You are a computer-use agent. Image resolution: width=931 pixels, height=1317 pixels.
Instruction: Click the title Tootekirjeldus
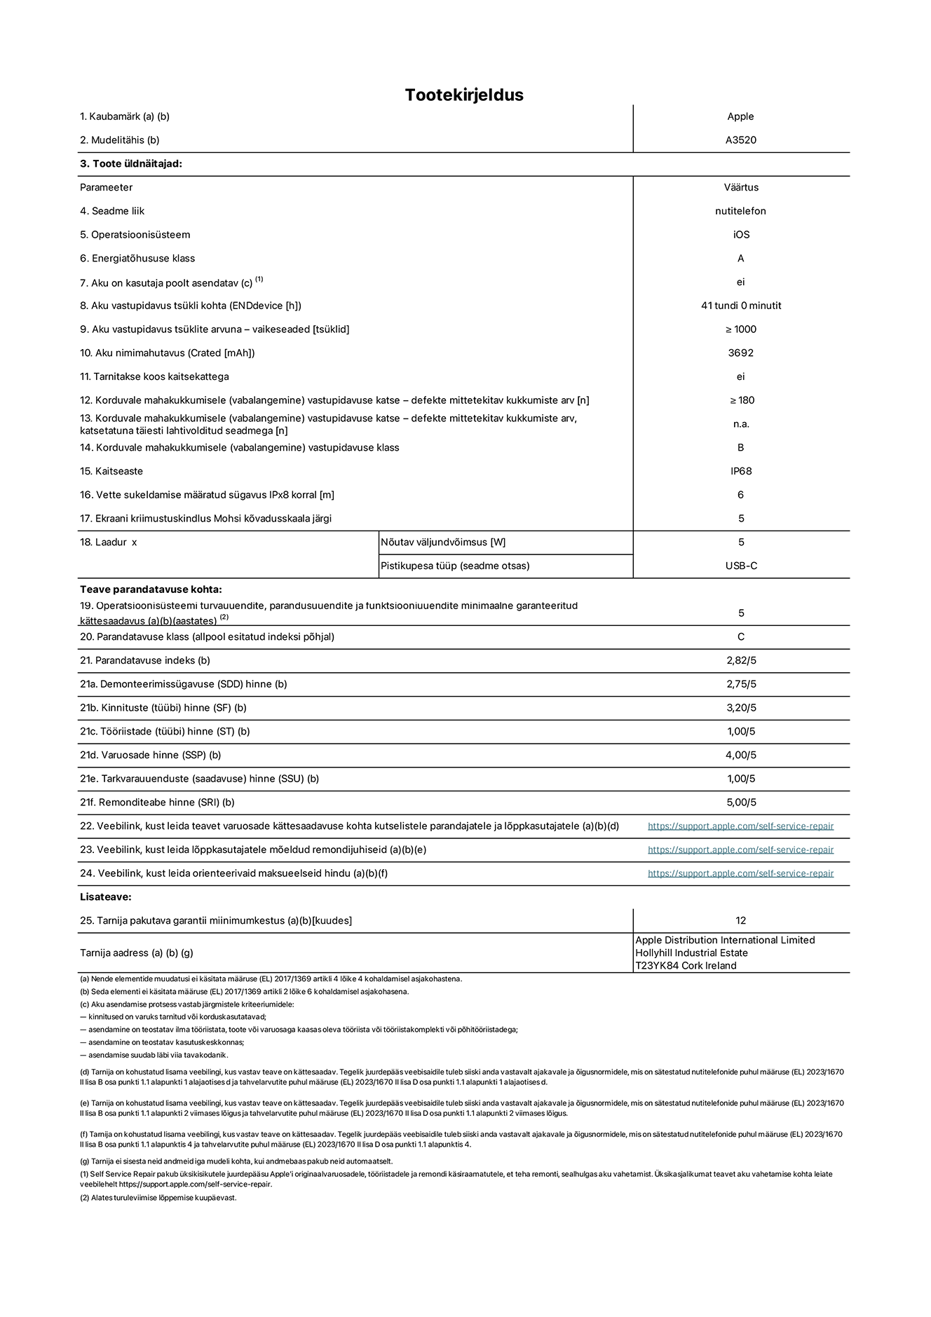pyautogui.click(x=464, y=95)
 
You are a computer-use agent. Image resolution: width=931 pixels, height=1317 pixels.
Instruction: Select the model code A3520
pyautogui.click(x=740, y=140)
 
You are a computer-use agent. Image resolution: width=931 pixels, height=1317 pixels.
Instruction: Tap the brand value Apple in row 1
pyautogui.click(x=740, y=116)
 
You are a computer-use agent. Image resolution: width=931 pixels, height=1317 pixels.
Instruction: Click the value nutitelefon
pyautogui.click(x=740, y=211)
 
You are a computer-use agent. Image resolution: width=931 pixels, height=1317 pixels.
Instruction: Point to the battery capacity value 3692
pyautogui.click(x=740, y=353)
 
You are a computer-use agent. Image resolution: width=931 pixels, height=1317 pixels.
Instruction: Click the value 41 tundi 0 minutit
pyautogui.click(x=740, y=306)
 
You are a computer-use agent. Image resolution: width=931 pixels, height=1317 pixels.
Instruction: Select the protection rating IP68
pyautogui.click(x=740, y=471)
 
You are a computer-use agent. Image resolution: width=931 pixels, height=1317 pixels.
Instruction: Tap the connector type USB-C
pyautogui.click(x=740, y=566)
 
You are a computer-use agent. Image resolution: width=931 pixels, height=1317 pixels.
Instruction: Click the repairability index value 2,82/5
pyautogui.click(x=740, y=660)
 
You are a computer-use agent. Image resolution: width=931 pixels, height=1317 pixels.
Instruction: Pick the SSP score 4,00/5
pyautogui.click(x=740, y=755)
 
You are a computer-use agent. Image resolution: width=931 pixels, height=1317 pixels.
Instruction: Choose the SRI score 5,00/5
pyautogui.click(x=740, y=802)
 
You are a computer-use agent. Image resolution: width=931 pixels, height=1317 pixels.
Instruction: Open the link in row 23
pyautogui.click(x=740, y=849)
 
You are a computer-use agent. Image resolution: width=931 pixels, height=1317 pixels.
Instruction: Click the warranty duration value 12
pyautogui.click(x=740, y=920)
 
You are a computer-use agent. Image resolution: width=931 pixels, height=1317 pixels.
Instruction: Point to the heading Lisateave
pyautogui.click(x=105, y=896)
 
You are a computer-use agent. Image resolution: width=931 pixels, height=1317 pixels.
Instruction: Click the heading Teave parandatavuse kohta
pyautogui.click(x=151, y=589)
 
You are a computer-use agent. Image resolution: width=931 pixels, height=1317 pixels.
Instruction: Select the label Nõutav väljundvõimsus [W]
pyautogui.click(x=443, y=542)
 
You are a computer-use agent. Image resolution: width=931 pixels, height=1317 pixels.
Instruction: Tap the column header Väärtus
pyautogui.click(x=740, y=187)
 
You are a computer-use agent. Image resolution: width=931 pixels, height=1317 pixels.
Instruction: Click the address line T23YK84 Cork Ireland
pyautogui.click(x=686, y=965)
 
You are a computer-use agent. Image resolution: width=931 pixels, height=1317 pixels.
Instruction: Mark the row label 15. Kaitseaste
pyautogui.click(x=111, y=471)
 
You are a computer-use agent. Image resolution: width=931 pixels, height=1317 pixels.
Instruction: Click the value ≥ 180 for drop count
pyautogui.click(x=740, y=400)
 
